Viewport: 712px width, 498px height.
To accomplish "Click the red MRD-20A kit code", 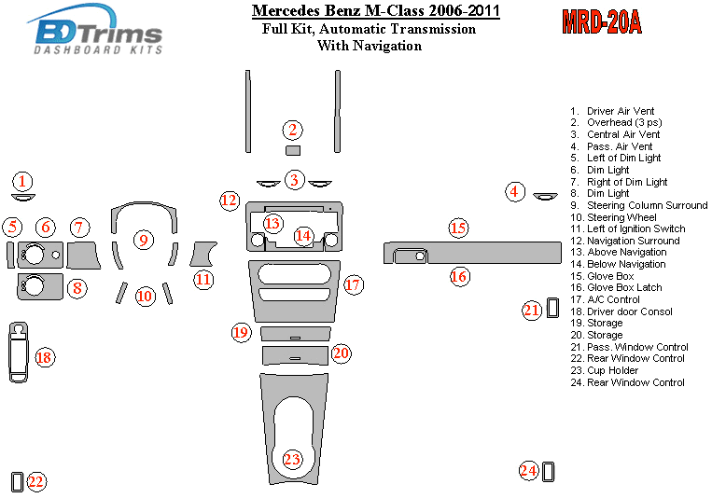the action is pos(602,21).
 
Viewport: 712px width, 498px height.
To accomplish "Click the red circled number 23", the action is pos(292,459).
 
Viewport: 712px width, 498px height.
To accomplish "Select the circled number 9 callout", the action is pos(144,240).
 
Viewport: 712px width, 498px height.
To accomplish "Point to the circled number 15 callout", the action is pos(458,228).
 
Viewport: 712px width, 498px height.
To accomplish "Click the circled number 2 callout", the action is pos(292,130).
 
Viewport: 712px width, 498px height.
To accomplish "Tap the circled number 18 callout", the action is pos(45,357).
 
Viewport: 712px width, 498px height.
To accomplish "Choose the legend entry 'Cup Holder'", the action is pos(612,370).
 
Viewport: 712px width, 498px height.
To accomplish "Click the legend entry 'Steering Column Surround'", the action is pos(647,205).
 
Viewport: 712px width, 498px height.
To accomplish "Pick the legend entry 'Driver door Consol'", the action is pos(629,311).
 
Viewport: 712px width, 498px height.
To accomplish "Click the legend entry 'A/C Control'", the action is pos(613,299).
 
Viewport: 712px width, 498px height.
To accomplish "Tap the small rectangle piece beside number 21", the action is pos(552,308).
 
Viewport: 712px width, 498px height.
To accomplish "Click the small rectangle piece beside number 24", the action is pos(548,472).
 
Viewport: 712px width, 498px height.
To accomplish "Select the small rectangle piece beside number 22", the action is pos(17,481).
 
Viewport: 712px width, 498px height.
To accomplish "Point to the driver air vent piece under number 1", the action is pos(23,197).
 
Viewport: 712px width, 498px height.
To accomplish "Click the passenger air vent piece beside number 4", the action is pos(545,196).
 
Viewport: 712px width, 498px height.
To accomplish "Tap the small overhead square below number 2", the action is pos(292,150).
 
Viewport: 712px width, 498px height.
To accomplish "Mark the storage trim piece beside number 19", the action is pos(296,334).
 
